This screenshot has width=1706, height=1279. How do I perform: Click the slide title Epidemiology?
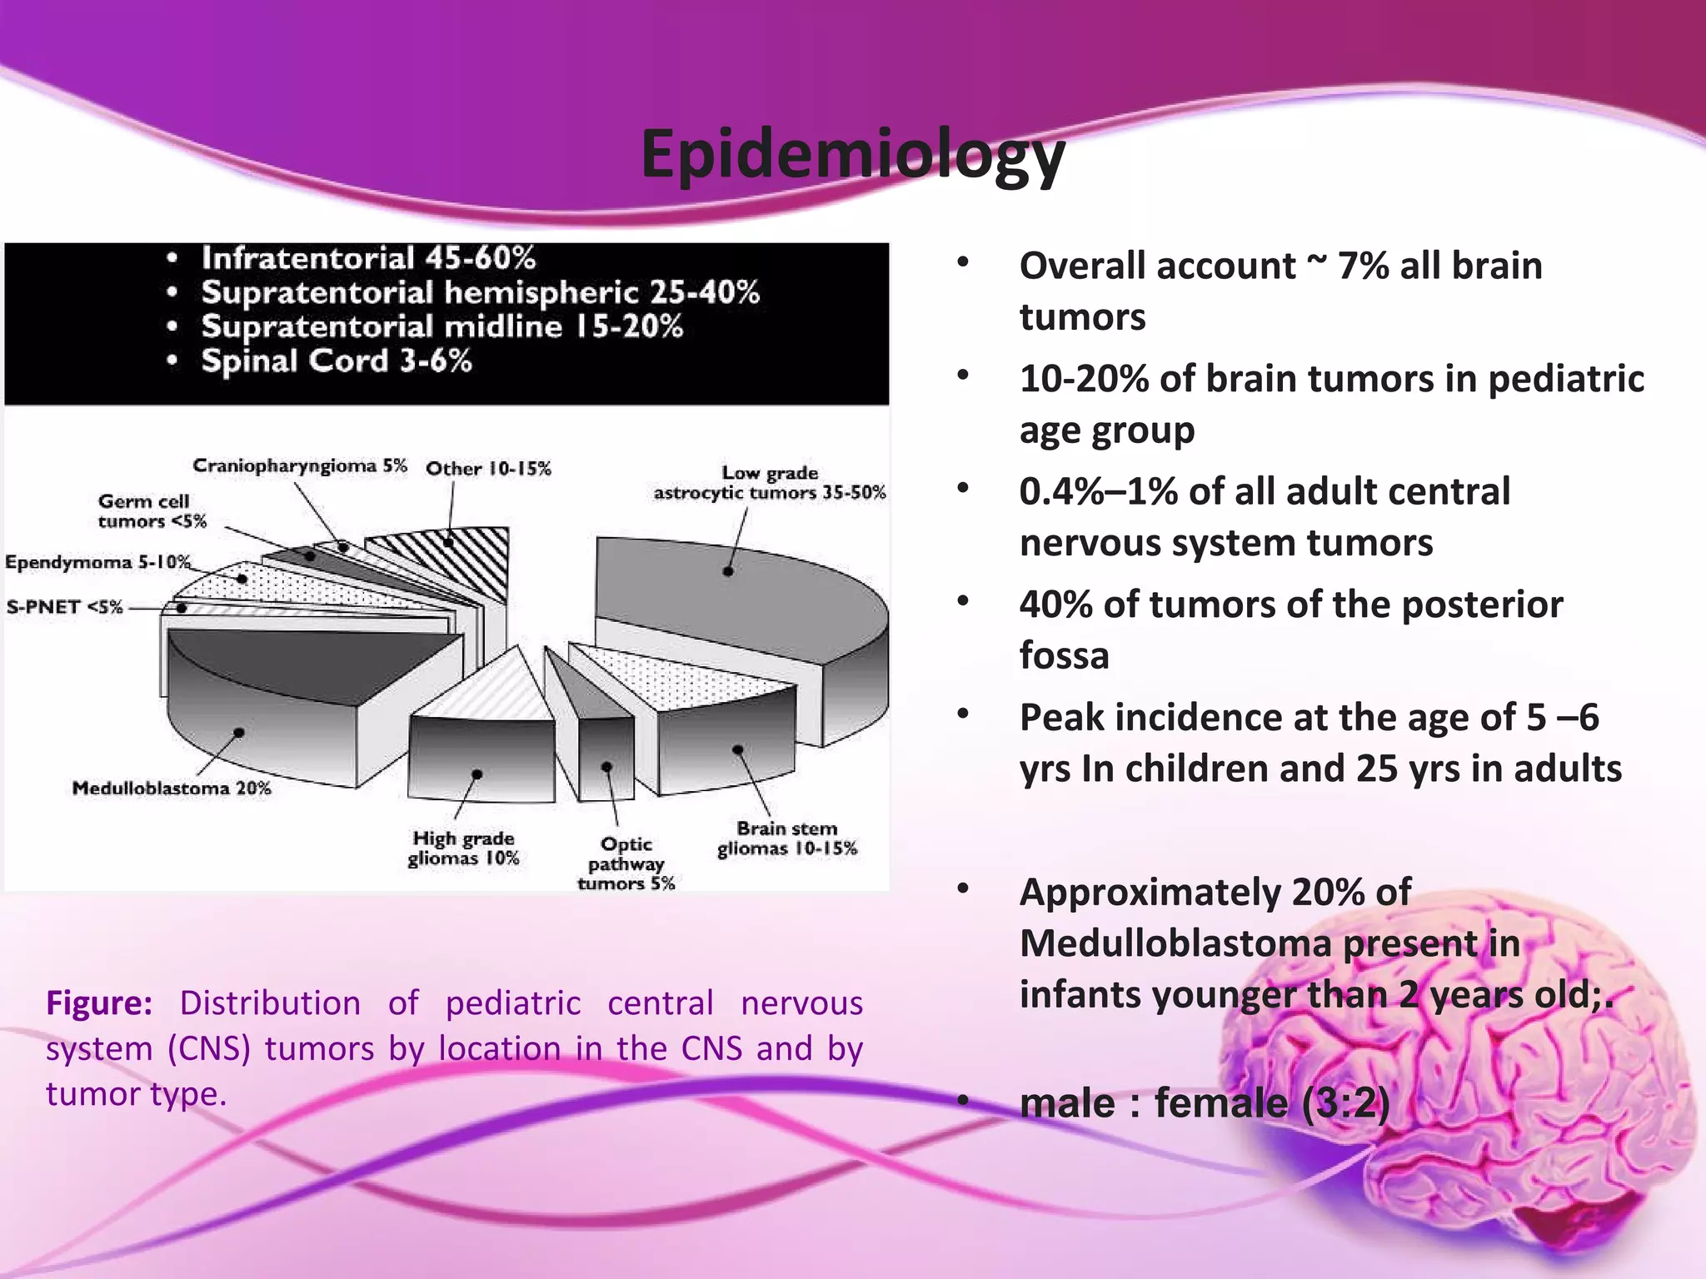point(852,155)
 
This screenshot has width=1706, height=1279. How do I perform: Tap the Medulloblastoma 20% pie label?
point(172,788)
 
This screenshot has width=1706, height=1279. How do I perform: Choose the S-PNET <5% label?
point(65,607)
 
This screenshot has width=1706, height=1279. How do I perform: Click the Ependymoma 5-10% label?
point(97,562)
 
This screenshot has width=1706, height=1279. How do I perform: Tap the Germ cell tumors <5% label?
point(151,511)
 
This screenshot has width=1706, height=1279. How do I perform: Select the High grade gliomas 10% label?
point(463,849)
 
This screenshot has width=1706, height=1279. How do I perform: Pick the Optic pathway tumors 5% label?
point(626,863)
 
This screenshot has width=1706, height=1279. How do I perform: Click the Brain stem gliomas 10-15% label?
point(786,839)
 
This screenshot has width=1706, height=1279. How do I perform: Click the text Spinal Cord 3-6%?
point(337,361)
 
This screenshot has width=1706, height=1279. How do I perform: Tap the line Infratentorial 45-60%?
point(368,258)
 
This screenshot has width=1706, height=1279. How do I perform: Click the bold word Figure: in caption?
point(99,1003)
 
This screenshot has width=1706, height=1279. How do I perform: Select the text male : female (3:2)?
point(1205,1103)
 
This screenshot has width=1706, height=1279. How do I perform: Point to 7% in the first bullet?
point(1363,266)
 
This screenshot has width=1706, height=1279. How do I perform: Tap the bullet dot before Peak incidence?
point(963,714)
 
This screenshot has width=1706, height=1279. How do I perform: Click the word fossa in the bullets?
point(1064,655)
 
